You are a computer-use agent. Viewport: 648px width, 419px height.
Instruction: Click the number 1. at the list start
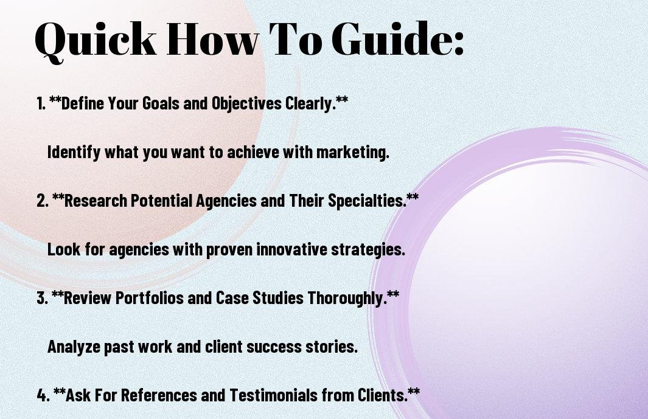coord(41,103)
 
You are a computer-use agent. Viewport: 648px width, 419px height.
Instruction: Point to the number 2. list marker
coord(43,201)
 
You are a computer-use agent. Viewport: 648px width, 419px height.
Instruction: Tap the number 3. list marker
coord(43,298)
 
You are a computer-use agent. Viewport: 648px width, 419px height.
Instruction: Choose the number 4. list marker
coord(43,395)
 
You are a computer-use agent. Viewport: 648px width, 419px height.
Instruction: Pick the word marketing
coord(352,153)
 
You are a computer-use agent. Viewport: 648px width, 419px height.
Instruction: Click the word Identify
coord(74,153)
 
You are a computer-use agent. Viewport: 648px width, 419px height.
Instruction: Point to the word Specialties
coord(366,201)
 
